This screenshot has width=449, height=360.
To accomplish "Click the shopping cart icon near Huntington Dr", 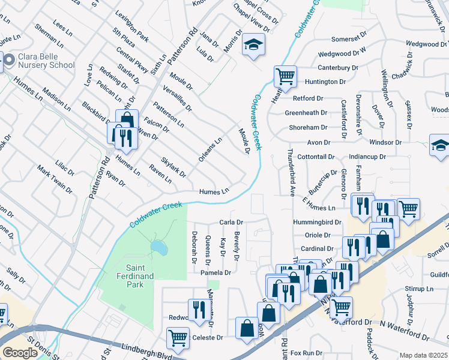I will coord(285,76).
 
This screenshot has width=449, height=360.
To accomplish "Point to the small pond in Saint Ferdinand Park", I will coord(158,247).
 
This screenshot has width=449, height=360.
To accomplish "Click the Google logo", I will coord(20,353).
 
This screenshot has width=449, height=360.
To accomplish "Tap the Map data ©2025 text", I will coord(424,355).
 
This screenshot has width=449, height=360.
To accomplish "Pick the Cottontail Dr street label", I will coord(316,157).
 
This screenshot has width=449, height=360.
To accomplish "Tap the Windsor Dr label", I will coord(385,143).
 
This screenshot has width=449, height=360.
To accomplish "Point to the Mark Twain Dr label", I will coord(55,179).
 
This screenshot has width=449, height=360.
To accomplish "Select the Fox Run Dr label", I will coord(307,353).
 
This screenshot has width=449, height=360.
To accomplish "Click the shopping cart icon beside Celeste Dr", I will coord(178,337).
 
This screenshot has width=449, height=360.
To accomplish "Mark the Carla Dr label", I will coord(231,222).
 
